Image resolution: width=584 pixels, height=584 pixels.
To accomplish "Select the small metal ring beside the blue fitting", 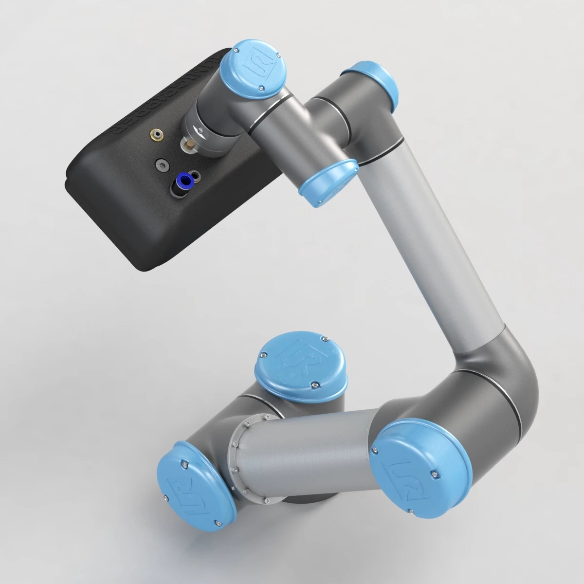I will [196, 175].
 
